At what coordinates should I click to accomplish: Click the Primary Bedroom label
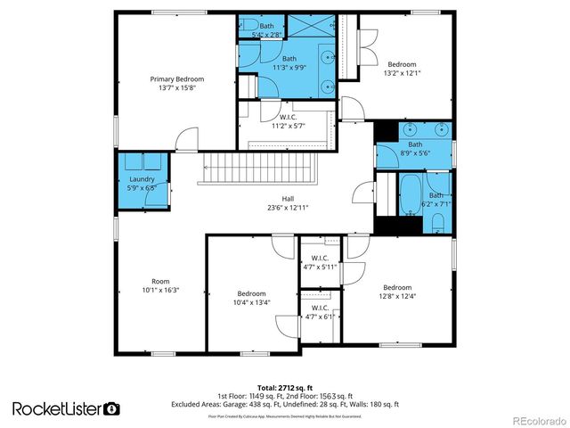(x=176, y=83)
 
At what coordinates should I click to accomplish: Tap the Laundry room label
(x=142, y=184)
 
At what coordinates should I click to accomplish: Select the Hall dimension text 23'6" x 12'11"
(x=289, y=207)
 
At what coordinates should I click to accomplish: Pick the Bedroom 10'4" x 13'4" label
(x=251, y=298)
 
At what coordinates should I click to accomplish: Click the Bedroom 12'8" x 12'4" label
(x=397, y=292)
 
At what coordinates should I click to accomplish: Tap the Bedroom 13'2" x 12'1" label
(x=401, y=69)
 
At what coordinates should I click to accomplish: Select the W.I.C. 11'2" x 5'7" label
(x=288, y=121)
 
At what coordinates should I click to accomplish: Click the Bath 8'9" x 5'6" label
(x=415, y=149)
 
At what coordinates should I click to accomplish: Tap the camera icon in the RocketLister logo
(x=111, y=408)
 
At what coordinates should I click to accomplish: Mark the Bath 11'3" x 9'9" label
(x=289, y=63)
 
